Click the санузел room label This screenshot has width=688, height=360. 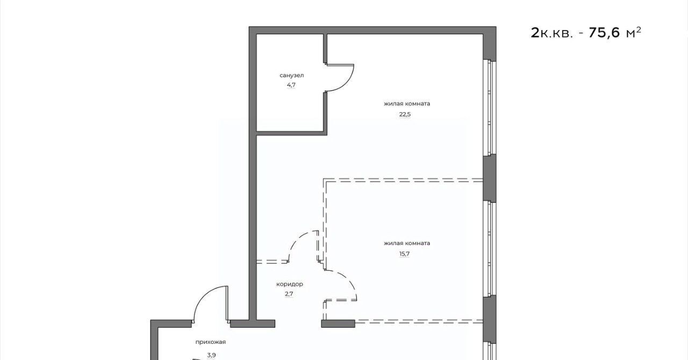point(291,75)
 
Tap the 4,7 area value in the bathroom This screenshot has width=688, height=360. point(291,84)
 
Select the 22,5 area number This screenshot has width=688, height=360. point(405,114)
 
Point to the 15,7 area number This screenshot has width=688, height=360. point(405,254)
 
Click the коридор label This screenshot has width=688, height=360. point(290,284)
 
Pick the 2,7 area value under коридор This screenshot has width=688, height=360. point(289,294)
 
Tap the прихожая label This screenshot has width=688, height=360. point(211,342)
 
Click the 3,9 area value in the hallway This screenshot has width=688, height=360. point(211,355)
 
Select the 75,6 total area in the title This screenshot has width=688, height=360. point(605,33)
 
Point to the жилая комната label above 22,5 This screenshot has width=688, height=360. point(407,104)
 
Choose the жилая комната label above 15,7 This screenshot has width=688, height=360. point(407,243)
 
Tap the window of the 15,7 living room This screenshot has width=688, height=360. point(490,249)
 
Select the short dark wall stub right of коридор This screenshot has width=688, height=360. point(338,323)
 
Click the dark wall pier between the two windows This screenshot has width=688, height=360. point(490,178)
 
